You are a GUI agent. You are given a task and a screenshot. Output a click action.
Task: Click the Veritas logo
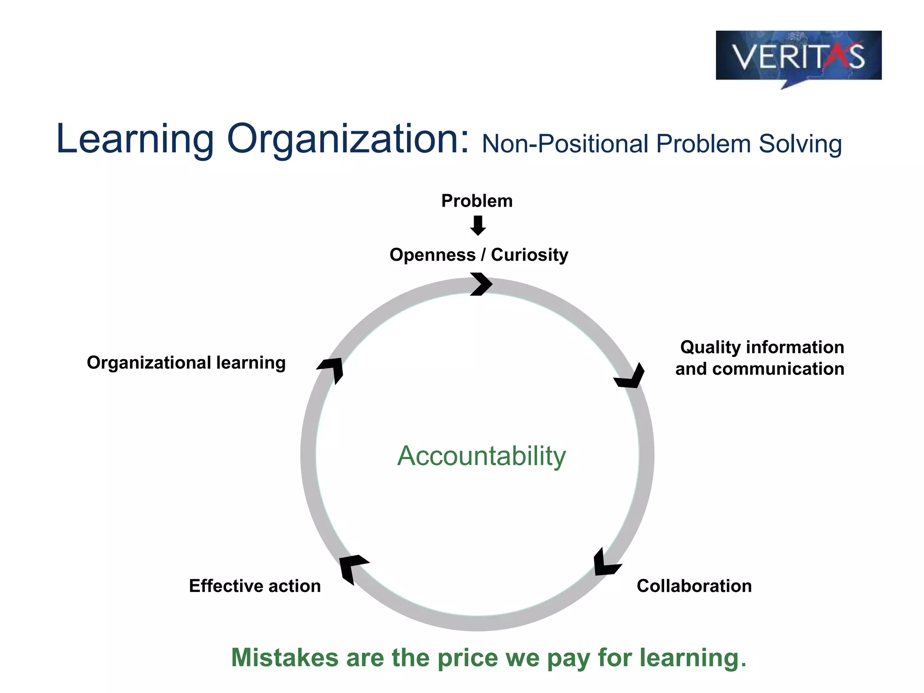coord(798,56)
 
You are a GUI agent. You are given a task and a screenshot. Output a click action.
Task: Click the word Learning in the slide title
coord(134,139)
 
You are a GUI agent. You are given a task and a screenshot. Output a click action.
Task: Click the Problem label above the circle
coord(477,201)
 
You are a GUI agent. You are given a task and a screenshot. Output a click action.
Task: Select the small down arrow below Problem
coord(478,226)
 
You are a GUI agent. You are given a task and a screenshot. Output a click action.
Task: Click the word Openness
coord(432,255)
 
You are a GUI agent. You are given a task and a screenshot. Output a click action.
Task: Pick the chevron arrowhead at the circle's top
coord(481,284)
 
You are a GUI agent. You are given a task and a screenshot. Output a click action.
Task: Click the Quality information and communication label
coord(760,358)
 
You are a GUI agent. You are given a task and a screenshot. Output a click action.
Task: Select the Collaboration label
coord(694,586)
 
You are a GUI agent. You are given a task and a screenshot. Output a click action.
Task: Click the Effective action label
coord(255,586)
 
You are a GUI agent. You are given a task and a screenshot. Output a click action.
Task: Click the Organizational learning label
coord(186,363)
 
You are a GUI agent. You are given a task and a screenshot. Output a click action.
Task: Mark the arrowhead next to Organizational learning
coord(332,369)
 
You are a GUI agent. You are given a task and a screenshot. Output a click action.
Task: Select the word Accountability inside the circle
coord(481,456)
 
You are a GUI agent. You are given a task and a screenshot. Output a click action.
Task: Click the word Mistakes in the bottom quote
coord(284,658)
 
